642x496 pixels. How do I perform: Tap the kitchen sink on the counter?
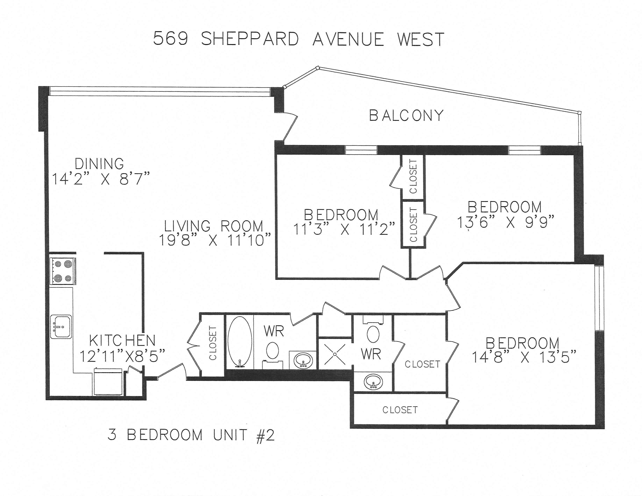61,327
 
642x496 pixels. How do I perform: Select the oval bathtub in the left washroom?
240,342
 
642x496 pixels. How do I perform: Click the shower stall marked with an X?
335,355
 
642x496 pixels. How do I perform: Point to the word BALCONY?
406,116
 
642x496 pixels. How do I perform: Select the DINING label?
99,164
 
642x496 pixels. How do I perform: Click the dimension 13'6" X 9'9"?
505,223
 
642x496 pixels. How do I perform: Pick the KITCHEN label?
122,341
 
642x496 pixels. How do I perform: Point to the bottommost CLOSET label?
400,410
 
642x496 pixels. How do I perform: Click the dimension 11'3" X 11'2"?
344,229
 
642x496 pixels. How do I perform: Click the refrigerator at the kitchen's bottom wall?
108,381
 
